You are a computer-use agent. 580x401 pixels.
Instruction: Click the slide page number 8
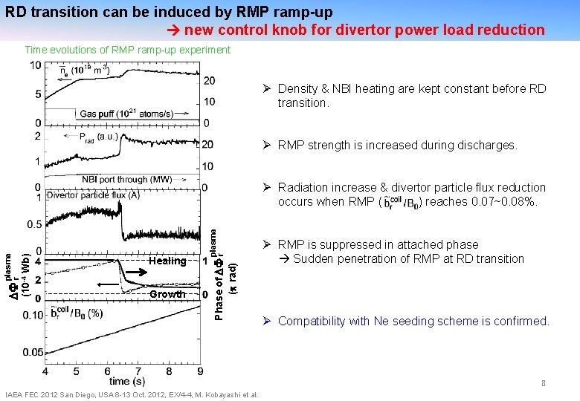click(x=544, y=383)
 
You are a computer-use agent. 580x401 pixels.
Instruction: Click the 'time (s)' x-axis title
click(x=123, y=381)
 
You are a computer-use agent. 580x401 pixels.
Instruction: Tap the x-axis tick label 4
click(x=46, y=371)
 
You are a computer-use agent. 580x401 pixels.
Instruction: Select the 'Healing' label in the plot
click(x=167, y=261)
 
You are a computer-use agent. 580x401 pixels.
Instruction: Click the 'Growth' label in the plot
click(x=167, y=295)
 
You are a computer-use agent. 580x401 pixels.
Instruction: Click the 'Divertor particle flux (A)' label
click(x=93, y=195)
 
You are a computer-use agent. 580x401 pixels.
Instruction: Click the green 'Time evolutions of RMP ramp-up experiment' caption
click(x=127, y=50)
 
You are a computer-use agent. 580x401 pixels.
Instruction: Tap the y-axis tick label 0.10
click(x=33, y=315)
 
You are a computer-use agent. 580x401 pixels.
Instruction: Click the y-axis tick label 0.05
click(x=33, y=352)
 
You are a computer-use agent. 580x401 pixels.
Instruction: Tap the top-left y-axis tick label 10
click(x=35, y=65)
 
